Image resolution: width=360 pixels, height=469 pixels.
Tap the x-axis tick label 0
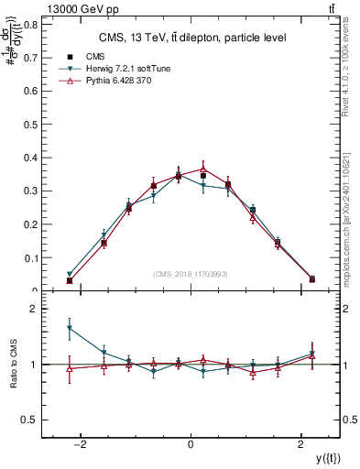click(190, 445)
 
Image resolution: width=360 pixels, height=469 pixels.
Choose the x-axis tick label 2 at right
click(301, 445)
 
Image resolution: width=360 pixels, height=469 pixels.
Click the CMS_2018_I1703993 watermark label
click(191, 274)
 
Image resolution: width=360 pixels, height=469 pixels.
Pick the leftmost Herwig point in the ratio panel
click(70, 328)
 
